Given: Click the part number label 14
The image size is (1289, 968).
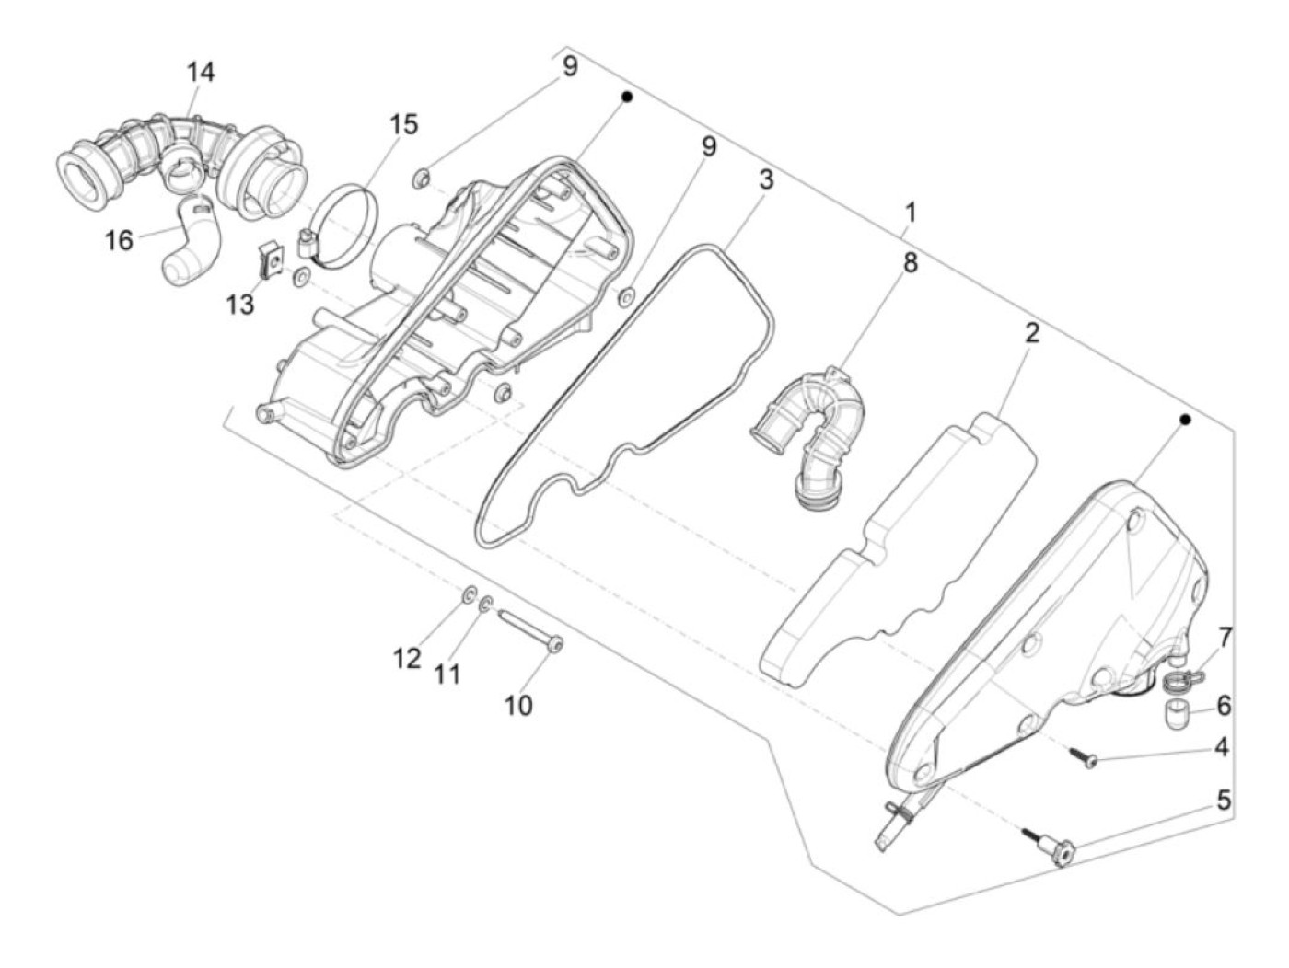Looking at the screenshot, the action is pyautogui.click(x=201, y=72).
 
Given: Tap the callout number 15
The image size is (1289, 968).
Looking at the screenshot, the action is pyautogui.click(x=403, y=124).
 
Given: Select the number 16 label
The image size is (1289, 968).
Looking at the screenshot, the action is pyautogui.click(x=119, y=240).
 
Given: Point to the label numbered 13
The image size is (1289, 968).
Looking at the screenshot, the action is pyautogui.click(x=241, y=305).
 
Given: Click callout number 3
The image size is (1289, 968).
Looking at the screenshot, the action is pyautogui.click(x=766, y=180).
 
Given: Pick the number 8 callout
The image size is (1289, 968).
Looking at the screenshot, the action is pyautogui.click(x=910, y=262).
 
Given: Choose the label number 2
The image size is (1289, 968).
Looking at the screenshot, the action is pyautogui.click(x=1032, y=334).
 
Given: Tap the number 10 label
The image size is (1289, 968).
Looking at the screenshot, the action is pyautogui.click(x=518, y=705).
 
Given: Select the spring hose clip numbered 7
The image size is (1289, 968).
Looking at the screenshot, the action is pyautogui.click(x=1181, y=679).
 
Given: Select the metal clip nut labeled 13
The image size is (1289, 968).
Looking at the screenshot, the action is pyautogui.click(x=270, y=259).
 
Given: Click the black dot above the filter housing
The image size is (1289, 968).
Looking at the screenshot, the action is pyautogui.click(x=627, y=98).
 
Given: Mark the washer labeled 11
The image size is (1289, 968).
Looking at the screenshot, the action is pyautogui.click(x=487, y=603).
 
